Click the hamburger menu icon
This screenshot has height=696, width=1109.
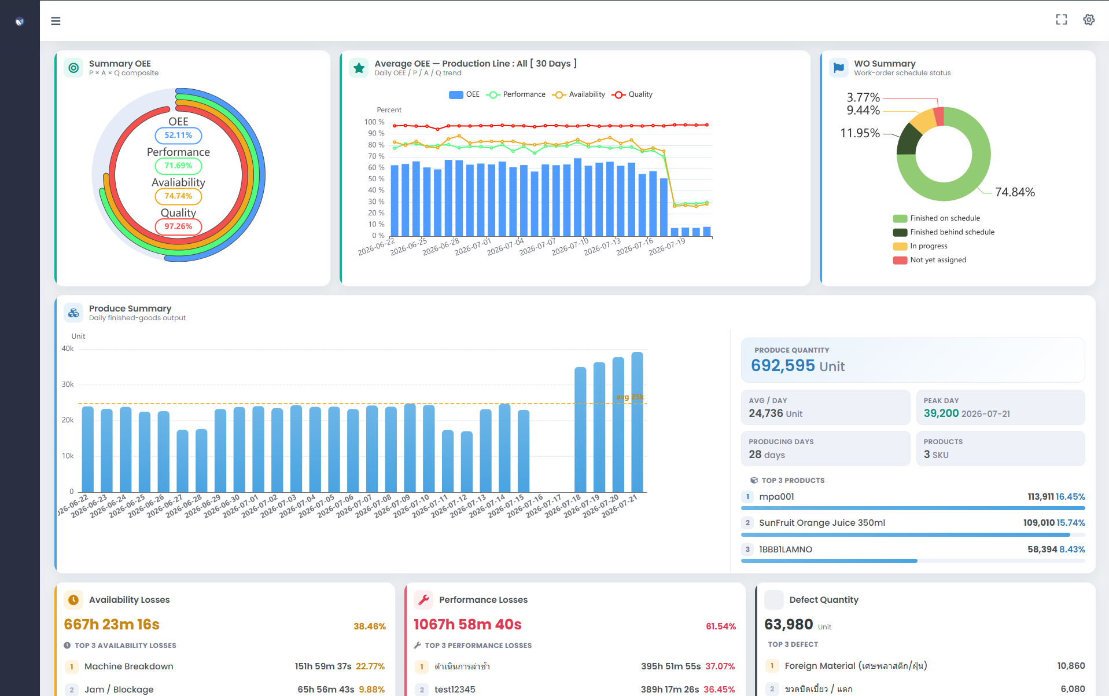56,21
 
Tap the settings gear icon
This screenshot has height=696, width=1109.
1089,20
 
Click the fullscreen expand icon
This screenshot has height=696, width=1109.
1062,20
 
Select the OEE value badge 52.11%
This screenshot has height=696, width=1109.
178,135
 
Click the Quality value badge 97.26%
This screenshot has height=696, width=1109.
178,226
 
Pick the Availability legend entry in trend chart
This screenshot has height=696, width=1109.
579,94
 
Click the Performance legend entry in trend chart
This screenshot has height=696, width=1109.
517,94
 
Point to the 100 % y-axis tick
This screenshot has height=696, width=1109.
374,122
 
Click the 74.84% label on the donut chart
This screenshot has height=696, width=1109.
1015,192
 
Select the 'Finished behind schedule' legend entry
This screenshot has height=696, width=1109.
944,232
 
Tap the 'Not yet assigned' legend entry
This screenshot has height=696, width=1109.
930,260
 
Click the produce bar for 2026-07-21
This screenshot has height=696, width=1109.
637,422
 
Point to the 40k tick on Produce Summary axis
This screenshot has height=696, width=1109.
68,349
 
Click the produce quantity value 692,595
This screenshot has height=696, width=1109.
783,365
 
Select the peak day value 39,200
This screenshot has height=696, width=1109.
941,413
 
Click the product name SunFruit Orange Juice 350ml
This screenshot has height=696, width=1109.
822,523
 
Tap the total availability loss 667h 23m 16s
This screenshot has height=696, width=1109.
112,624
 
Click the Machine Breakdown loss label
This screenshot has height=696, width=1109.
129,666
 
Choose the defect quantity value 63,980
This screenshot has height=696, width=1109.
789,624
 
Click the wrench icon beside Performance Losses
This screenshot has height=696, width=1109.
424,600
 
